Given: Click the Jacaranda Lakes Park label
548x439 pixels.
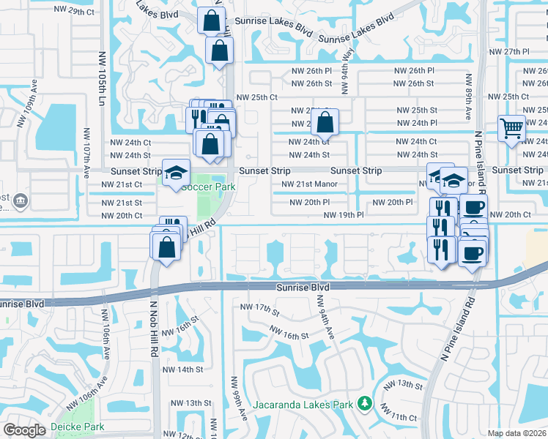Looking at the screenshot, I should click(304, 404).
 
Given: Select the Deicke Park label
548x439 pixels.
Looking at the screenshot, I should click(77, 427).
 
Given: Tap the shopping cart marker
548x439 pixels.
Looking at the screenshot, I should click(511, 130).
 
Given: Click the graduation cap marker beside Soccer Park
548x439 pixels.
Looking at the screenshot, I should click(176, 173).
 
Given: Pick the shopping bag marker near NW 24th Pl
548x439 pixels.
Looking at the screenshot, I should click(325, 122).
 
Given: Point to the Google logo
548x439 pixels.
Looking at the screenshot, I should click(25, 430).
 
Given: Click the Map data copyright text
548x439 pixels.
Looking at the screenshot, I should click(517, 433).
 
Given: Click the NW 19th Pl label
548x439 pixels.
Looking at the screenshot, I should click(346, 215).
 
